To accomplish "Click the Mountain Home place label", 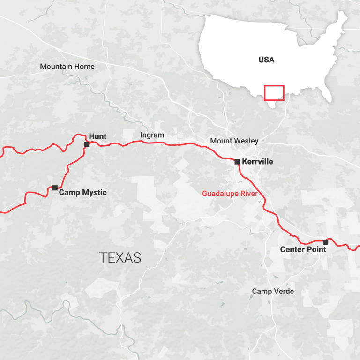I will [67, 67].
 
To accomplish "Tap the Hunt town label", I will [97, 136].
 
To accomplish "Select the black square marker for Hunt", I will [87, 144].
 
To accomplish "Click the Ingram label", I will [152, 135].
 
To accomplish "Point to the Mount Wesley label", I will [234, 141].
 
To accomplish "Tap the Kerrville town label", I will [257, 162].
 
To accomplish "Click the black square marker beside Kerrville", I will [237, 162].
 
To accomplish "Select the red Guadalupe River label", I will [230, 193].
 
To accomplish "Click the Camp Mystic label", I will [82, 192].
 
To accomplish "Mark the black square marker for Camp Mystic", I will [55, 187].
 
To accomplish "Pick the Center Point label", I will [303, 249].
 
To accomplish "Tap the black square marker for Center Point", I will [325, 242].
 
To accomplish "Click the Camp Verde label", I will [273, 291].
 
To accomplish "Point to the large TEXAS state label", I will [120, 257].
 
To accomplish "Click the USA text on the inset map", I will [266, 60].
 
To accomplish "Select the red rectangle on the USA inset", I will [274, 93].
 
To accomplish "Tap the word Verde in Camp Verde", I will [284, 291].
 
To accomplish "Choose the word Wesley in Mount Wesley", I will [247, 141].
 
